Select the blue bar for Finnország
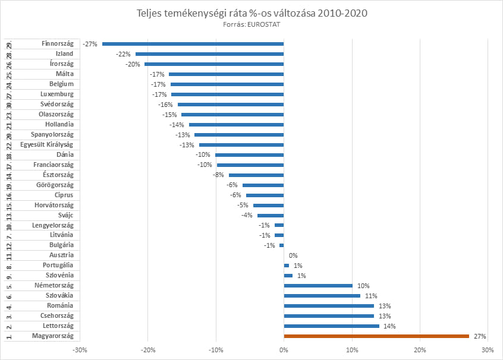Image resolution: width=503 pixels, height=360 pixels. [193, 43]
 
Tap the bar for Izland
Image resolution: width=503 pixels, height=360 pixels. [210, 53]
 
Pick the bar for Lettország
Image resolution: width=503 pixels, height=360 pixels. [332, 326]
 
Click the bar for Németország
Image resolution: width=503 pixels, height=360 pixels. [318, 286]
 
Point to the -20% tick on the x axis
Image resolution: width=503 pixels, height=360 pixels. [148, 350]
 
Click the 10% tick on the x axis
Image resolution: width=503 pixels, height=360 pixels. [352, 350]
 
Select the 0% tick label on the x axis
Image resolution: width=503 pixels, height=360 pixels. [284, 350]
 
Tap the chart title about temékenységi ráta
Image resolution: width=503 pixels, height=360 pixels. [251, 13]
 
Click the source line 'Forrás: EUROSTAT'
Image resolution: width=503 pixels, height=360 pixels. [251, 24]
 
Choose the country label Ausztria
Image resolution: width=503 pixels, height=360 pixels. [61, 255]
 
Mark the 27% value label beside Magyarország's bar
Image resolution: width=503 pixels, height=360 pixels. [480, 336]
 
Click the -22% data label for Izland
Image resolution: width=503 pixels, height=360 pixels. [124, 53]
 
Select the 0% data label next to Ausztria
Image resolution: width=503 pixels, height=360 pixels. [293, 255]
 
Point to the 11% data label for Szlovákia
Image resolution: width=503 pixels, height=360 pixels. [371, 296]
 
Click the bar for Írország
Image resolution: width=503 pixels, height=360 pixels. [214, 64]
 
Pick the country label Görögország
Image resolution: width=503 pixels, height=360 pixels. [55, 185]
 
